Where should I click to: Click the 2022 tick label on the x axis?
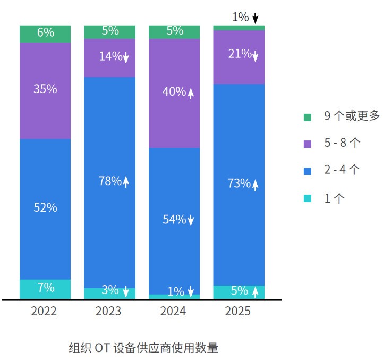(44, 311)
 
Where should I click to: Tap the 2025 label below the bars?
(238, 311)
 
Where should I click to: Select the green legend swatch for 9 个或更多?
(308, 117)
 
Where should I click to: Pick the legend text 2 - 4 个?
(342, 170)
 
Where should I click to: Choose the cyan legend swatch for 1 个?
(308, 198)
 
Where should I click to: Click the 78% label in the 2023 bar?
(110, 181)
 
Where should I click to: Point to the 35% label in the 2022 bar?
(45, 89)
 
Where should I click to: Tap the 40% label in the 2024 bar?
(174, 92)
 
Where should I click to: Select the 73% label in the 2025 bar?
(239, 183)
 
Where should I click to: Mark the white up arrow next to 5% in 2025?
(255, 291)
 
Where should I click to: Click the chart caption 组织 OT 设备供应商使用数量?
(143, 348)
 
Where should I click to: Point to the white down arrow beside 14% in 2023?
(126, 57)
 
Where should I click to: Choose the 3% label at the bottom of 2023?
(110, 290)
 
